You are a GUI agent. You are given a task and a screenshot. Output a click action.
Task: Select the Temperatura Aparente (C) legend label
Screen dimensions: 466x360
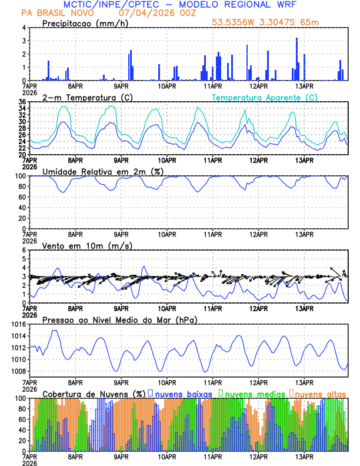[265, 97]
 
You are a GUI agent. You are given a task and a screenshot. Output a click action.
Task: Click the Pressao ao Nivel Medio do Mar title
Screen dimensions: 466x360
[119, 319]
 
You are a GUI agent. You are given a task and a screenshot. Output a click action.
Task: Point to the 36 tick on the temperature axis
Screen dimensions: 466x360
[22, 102]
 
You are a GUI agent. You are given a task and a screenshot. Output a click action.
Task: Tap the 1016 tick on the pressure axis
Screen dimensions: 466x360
[18, 324]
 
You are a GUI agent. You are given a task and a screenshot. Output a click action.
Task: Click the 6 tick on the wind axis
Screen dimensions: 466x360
[24, 250]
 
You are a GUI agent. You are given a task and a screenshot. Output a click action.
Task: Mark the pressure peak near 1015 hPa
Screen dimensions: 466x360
[55, 331]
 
